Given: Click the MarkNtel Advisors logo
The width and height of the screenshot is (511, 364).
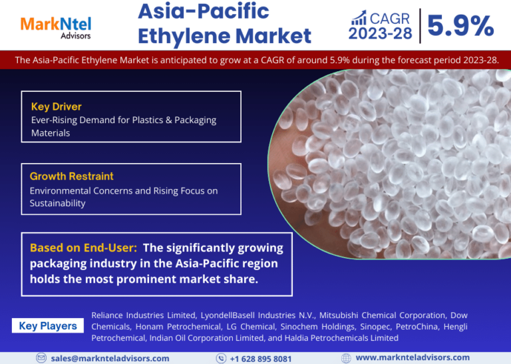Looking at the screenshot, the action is (56, 28).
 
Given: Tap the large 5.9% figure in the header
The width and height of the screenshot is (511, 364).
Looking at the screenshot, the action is (460, 26).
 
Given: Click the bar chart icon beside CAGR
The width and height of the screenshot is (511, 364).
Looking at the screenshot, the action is (359, 17).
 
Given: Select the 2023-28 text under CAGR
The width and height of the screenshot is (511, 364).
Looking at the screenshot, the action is (381, 33).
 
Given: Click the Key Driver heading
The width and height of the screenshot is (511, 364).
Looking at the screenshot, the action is (57, 106).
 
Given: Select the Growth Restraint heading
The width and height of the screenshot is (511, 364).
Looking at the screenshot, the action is (72, 176).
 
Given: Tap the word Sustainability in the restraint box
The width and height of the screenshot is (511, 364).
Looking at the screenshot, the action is (58, 204).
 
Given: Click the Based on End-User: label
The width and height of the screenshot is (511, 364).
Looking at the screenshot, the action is (83, 248).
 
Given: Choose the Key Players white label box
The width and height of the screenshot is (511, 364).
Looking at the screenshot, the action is (48, 325).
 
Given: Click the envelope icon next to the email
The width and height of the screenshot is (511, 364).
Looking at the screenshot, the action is (41, 358).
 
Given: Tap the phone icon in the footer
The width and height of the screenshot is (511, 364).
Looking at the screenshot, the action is (222, 358).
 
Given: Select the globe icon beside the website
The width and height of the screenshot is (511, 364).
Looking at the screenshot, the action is (346, 358).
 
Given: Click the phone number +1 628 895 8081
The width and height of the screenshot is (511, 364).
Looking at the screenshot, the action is (261, 359).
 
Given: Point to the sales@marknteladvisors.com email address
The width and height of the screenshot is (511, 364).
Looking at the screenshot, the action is (110, 359).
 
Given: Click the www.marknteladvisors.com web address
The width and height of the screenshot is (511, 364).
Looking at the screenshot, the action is (413, 358).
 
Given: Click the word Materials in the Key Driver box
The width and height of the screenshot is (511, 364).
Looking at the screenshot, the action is (51, 133).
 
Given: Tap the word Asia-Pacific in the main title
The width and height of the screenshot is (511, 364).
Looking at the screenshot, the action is (204, 11).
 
